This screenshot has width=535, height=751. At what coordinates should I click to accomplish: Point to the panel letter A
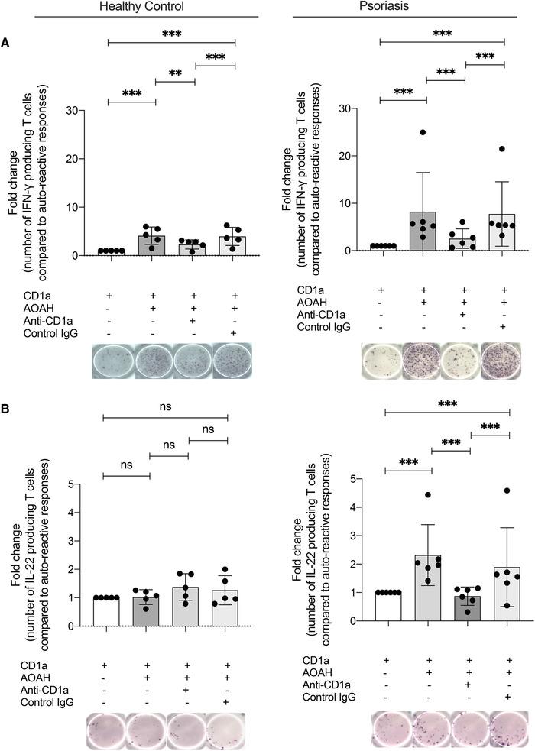click(7, 44)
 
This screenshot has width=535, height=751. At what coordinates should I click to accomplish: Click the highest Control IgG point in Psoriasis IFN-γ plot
click(502, 149)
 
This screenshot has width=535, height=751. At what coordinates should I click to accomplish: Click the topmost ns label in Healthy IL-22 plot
click(165, 407)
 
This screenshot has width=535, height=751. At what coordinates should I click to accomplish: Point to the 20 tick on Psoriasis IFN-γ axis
click(353, 156)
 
